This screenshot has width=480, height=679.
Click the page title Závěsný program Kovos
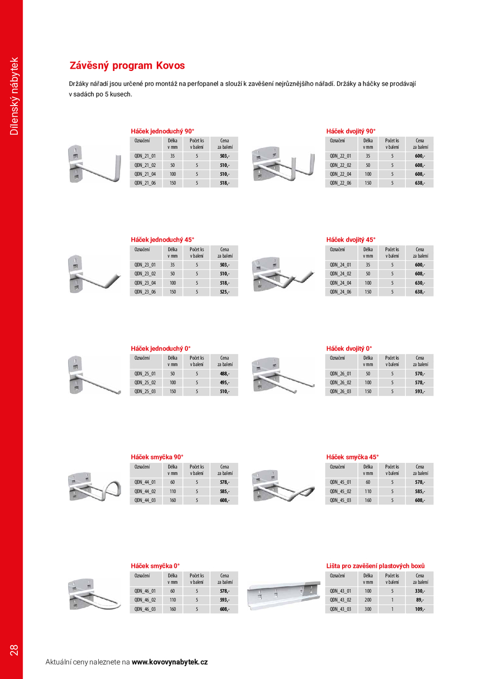127,66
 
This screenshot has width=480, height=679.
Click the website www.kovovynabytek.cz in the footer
170,662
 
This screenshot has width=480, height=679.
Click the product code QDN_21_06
145,183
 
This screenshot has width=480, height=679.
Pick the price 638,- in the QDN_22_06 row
420,183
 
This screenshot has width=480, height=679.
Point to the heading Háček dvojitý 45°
351,240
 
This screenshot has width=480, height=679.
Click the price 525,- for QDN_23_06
224,292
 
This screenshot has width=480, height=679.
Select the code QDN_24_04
340,283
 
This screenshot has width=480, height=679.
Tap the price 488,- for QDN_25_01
224,374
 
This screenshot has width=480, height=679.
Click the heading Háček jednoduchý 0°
161,348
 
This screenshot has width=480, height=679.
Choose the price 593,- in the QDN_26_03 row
420,391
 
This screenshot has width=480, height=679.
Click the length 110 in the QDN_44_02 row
172,491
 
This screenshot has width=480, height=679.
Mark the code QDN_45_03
340,500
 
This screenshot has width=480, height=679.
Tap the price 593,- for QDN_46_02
224,600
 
